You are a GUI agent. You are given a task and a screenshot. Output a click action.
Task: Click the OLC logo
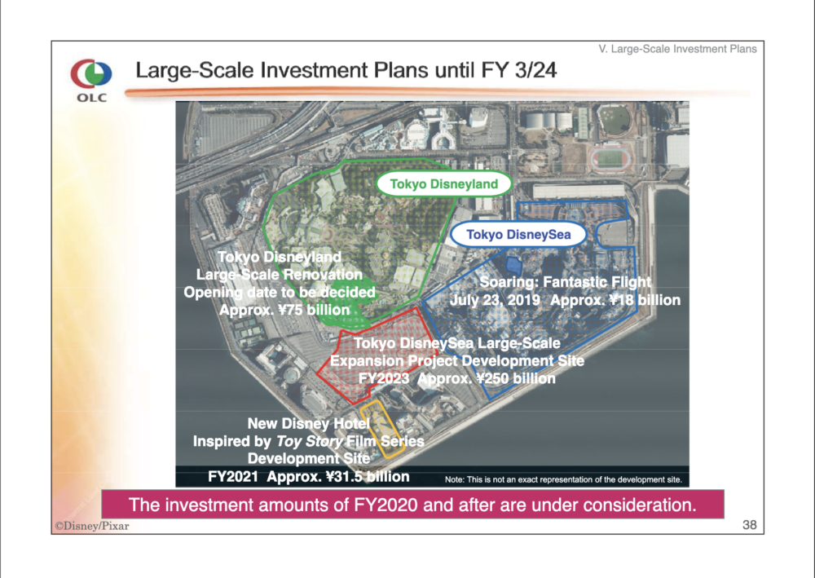coord(91,80)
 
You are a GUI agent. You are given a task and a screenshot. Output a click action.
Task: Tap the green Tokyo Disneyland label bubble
coord(443,184)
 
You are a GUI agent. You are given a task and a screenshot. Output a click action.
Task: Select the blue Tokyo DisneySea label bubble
coord(518,235)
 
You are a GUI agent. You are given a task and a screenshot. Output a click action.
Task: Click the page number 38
coord(749,525)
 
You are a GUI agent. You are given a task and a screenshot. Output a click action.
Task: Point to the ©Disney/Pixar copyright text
coord(92,526)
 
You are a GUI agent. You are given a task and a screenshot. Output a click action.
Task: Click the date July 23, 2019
coord(495,300)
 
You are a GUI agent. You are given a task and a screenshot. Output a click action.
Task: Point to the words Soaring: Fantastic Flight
coord(565,282)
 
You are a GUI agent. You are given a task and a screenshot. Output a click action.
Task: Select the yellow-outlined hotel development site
coord(382,429)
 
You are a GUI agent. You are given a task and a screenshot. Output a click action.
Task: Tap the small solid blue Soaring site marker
coord(513,266)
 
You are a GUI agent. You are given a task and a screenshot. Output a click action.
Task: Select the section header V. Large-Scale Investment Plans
coord(677,49)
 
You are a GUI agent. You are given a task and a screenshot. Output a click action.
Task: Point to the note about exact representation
coord(563,479)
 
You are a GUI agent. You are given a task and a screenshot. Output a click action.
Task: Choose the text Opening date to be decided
coord(280,292)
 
